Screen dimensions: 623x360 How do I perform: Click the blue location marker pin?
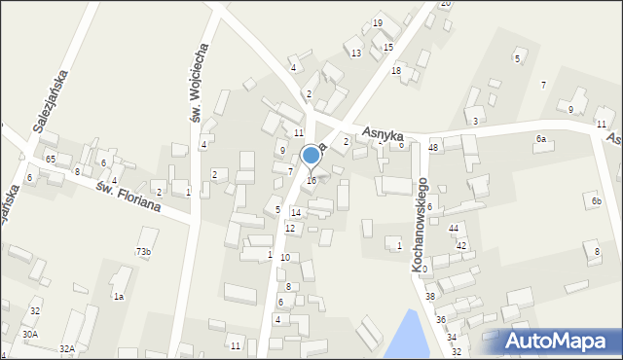tap(311, 156)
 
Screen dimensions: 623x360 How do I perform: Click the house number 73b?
tap(143, 252)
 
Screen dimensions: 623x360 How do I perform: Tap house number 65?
tap(51, 159)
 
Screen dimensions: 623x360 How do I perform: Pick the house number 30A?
tap(30, 334)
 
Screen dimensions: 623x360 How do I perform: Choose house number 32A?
tap(66, 348)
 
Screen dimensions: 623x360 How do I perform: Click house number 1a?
tap(118, 296)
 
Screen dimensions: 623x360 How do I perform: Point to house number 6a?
tap(540, 139)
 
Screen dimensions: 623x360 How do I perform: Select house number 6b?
tap(597, 201)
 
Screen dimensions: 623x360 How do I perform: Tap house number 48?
tap(434, 147)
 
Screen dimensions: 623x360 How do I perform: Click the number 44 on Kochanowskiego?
tap(454, 228)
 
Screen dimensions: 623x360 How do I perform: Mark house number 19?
tap(378, 22)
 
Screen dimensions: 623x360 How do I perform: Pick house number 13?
tap(356, 53)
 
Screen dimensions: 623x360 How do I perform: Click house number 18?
tap(396, 70)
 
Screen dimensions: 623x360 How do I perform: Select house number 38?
tap(429, 296)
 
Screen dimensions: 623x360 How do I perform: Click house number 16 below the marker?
tap(311, 181)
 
